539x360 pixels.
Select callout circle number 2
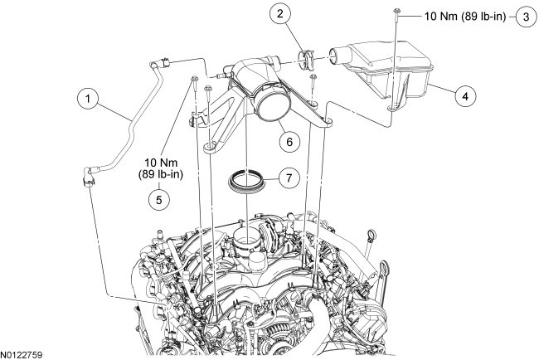[x=282, y=14]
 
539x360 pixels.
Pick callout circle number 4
[x=465, y=97]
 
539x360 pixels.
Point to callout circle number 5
[x=154, y=198]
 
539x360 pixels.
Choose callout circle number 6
[x=289, y=141]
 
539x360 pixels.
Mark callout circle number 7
[x=289, y=177]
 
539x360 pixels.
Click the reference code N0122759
[x=22, y=354]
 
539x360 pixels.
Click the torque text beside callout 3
[x=457, y=16]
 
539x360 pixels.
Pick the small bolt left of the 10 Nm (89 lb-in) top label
[x=398, y=14]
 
